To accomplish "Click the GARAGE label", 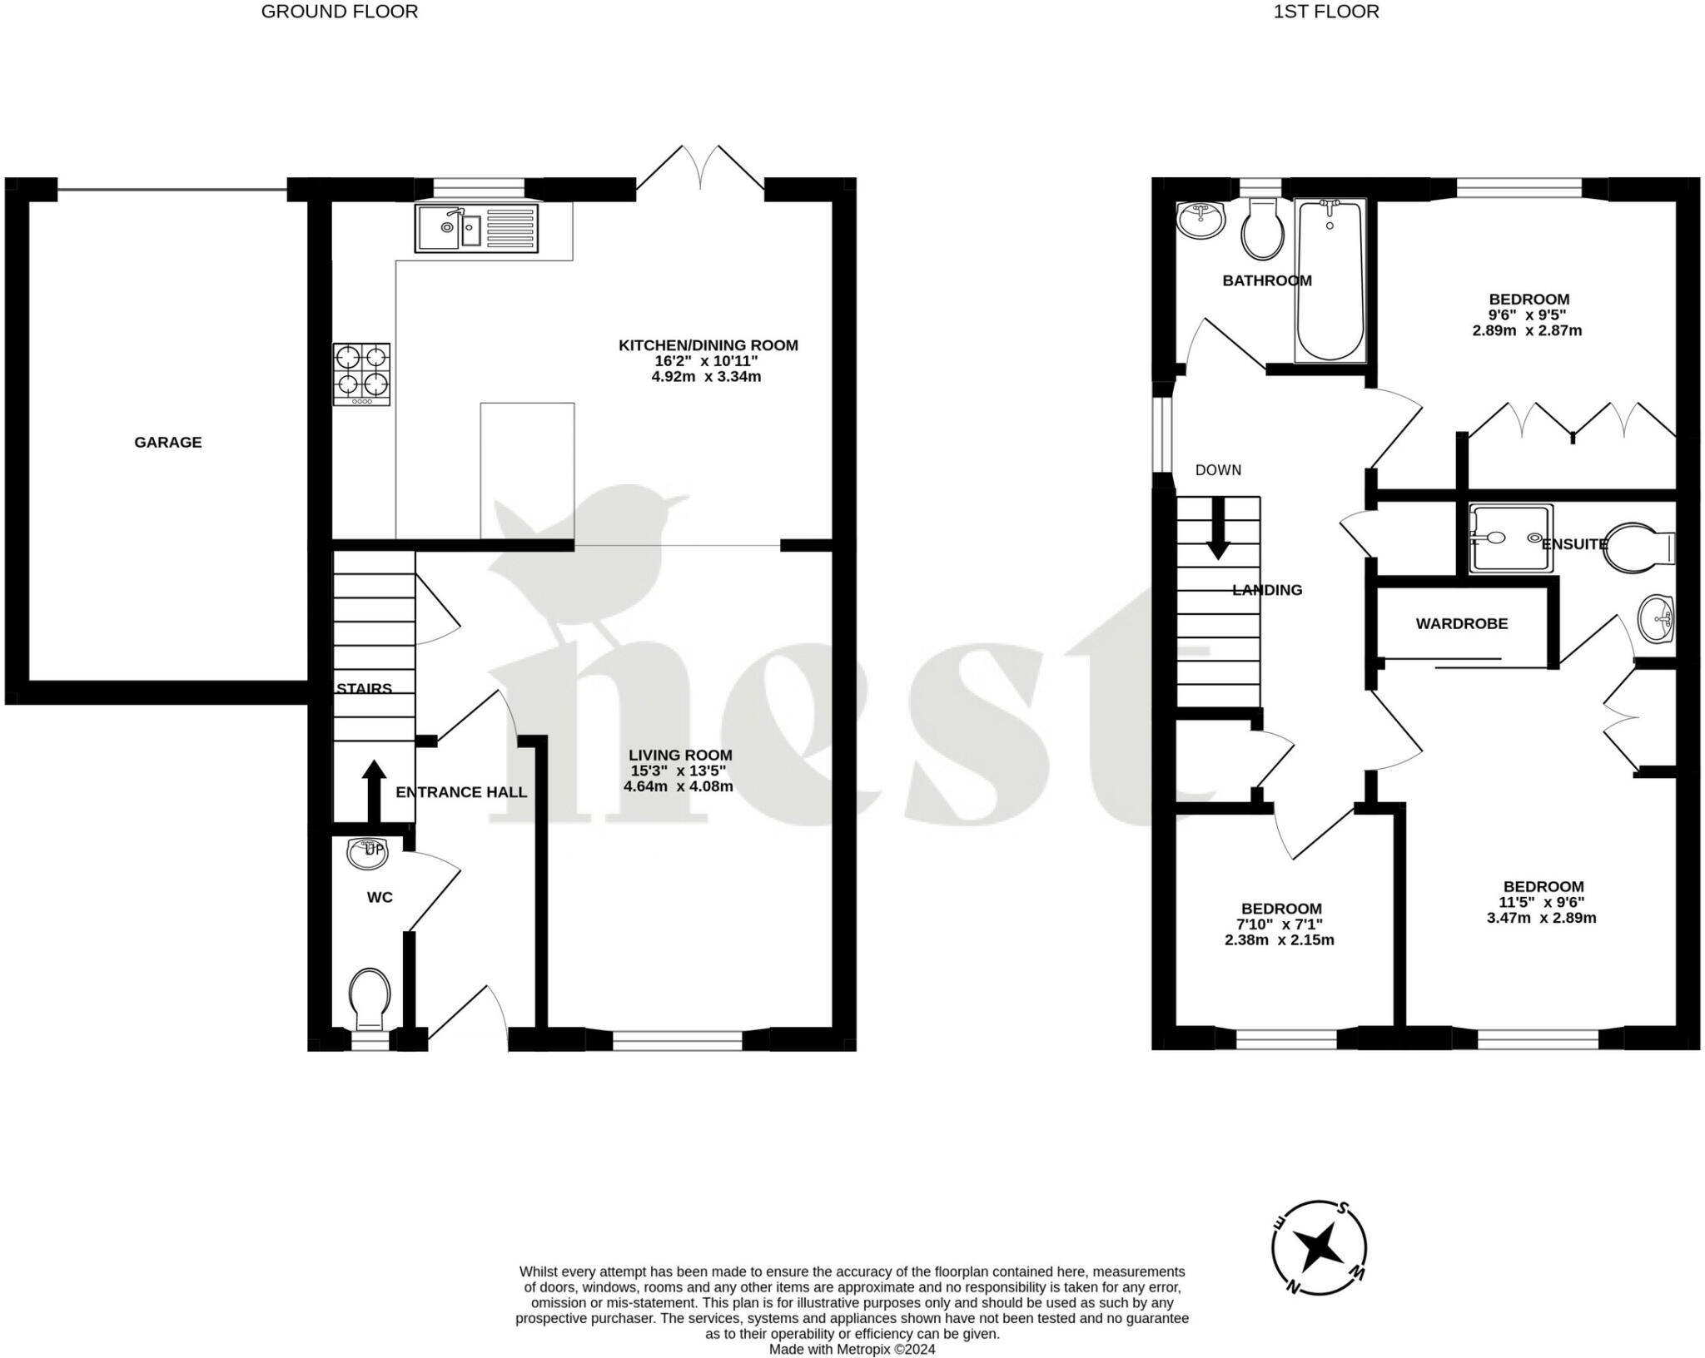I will [x=168, y=442].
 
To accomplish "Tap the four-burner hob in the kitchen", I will [x=361, y=374].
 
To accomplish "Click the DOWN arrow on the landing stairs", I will [x=1218, y=529].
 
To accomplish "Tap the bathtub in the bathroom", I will [x=1330, y=280].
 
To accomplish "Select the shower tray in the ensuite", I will [x=1510, y=538].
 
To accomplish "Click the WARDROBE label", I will [x=1461, y=623].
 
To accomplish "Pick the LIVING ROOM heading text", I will [x=679, y=756].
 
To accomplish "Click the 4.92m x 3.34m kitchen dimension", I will [x=706, y=376].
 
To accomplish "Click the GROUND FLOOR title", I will [x=340, y=12].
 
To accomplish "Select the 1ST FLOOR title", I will [x=1325, y=12].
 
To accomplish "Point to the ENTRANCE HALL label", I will [x=461, y=792].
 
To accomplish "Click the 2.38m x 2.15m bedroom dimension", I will [x=1280, y=940].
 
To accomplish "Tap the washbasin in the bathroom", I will [x=1200, y=220].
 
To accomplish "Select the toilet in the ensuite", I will [x=1636, y=548].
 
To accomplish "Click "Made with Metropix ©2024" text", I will [x=852, y=1350].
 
